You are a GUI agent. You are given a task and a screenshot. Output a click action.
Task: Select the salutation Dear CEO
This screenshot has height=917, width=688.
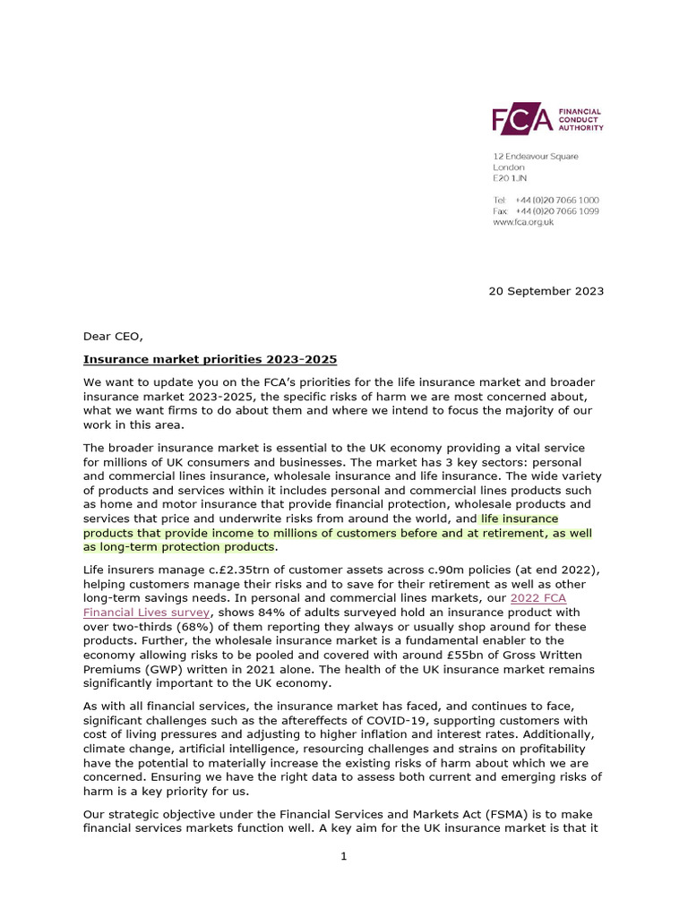point(113,337)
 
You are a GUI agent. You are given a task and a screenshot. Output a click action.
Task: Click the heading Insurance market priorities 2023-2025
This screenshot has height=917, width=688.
point(210,360)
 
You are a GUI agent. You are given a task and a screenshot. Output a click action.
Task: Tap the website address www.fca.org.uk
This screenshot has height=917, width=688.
point(523,222)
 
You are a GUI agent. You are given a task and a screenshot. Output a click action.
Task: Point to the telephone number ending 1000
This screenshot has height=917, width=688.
point(558,200)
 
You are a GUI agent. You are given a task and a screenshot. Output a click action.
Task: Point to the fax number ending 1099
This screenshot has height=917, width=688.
point(558,211)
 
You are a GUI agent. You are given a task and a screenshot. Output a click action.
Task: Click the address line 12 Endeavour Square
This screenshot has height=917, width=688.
point(535,157)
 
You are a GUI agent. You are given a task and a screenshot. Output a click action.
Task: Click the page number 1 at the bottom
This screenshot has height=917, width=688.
point(343,856)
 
